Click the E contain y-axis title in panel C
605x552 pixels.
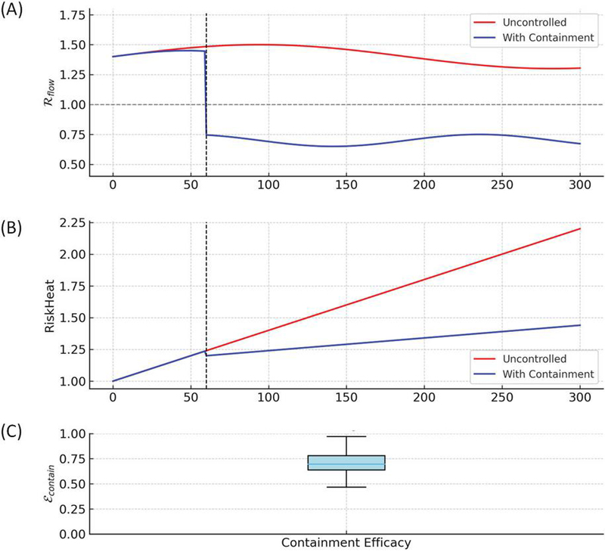pos(52,484)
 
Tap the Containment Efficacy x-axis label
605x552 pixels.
pos(346,543)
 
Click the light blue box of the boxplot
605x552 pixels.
pos(346,463)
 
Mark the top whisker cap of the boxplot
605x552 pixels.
pos(346,436)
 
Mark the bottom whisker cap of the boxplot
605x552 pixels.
pos(346,487)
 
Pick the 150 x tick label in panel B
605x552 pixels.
pos(346,395)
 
